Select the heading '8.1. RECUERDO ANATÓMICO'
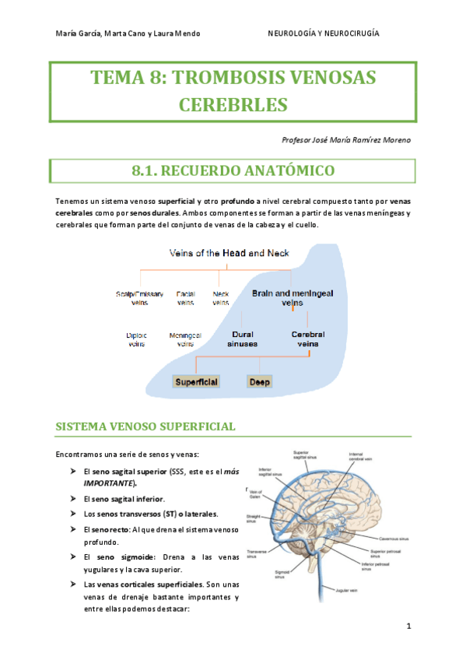point(233,170)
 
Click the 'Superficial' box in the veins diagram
point(197,382)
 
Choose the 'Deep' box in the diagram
point(258,382)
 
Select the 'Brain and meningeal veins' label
point(292,297)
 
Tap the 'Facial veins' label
point(185,297)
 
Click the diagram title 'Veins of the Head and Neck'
point(229,254)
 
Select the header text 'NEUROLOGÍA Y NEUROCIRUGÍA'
point(324,33)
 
